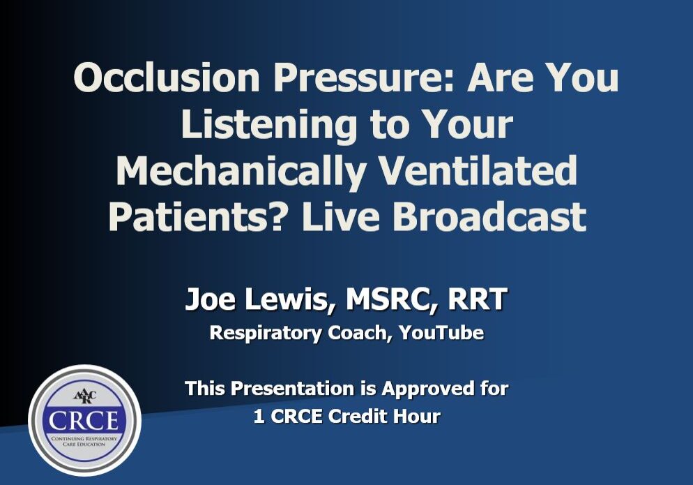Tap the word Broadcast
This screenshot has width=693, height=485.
(x=492, y=216)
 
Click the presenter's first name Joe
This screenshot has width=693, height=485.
(x=207, y=301)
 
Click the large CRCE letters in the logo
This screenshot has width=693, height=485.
(x=84, y=421)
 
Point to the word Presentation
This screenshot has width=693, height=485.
(x=295, y=389)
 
